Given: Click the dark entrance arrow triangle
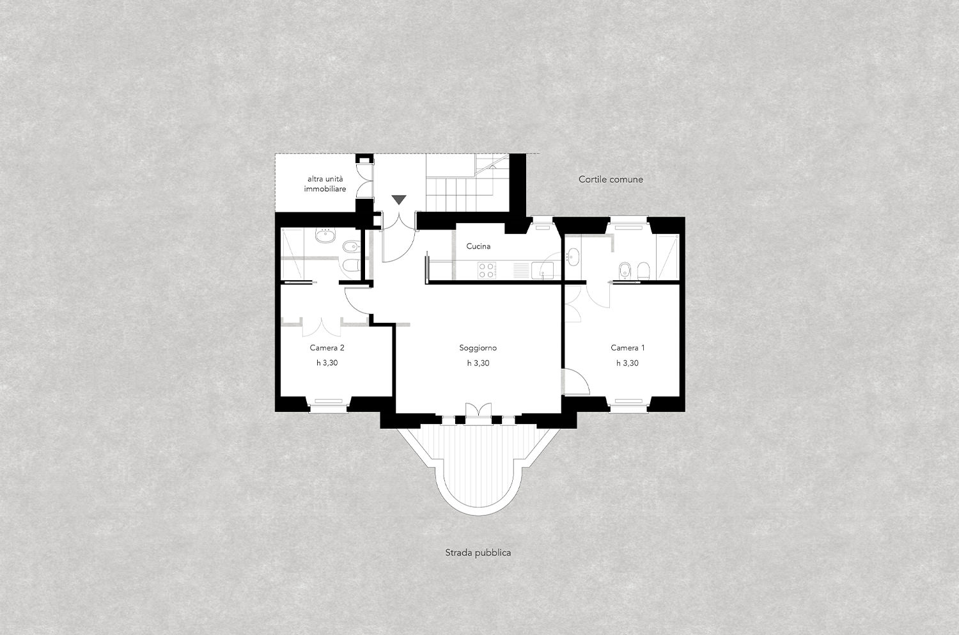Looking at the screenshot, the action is (399, 200).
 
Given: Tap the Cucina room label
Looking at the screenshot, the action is (478, 246).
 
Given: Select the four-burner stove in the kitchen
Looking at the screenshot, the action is (487, 270).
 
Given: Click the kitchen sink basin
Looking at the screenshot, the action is (542, 270).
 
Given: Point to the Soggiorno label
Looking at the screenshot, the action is (478, 348).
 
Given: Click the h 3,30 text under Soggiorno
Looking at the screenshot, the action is (478, 363).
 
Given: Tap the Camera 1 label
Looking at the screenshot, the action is (628, 348).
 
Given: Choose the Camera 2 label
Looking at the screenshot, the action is (327, 348).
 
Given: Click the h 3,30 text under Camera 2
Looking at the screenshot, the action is (327, 363).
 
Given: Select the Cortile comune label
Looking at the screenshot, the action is (611, 180).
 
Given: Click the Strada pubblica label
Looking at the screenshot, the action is (478, 553).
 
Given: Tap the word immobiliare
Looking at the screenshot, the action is (325, 189).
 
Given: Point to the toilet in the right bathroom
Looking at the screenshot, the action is (643, 270).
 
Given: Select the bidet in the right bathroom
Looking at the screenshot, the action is (625, 270).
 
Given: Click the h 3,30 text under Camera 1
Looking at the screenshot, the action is (628, 363).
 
